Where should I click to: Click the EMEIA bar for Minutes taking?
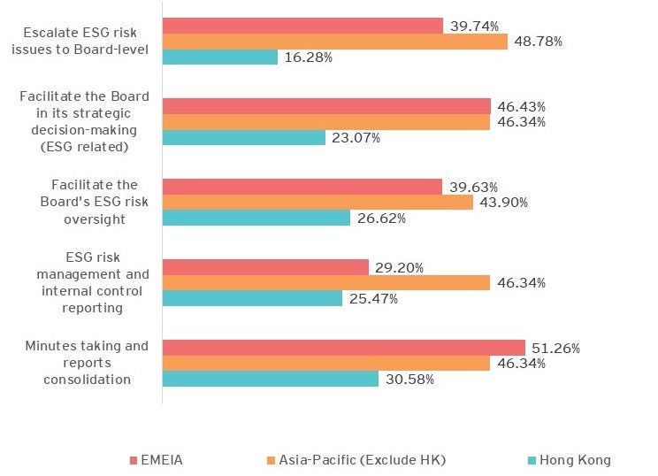[x=344, y=348]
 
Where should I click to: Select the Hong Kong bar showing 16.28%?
[x=220, y=58]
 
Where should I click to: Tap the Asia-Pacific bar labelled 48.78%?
[x=335, y=42]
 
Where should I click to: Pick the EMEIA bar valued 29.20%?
[x=265, y=267]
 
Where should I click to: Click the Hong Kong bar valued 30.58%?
[x=271, y=379]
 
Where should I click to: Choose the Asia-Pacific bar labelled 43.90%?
[x=318, y=203]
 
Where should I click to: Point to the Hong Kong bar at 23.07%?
[x=244, y=138]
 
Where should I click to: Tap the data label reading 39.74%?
[x=474, y=26]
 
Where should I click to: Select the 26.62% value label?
[x=381, y=219]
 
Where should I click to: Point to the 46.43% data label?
[x=521, y=106]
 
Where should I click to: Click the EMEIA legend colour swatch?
[x=134, y=460]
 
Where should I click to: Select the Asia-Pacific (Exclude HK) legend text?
[x=362, y=460]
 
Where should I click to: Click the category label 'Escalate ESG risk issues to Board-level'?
[x=85, y=41]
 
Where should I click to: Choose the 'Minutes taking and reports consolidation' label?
[x=86, y=363]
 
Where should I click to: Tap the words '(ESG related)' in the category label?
[x=85, y=146]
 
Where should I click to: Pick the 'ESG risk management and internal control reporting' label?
[x=85, y=283]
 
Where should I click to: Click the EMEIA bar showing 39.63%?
[x=302, y=187]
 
